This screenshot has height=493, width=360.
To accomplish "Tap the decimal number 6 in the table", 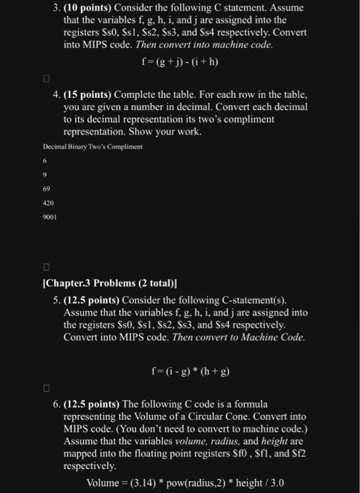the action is [x=46, y=161].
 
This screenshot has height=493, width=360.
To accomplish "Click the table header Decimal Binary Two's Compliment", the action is [x=93, y=146].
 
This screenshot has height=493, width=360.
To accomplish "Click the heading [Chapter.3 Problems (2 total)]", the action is [x=110, y=285].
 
